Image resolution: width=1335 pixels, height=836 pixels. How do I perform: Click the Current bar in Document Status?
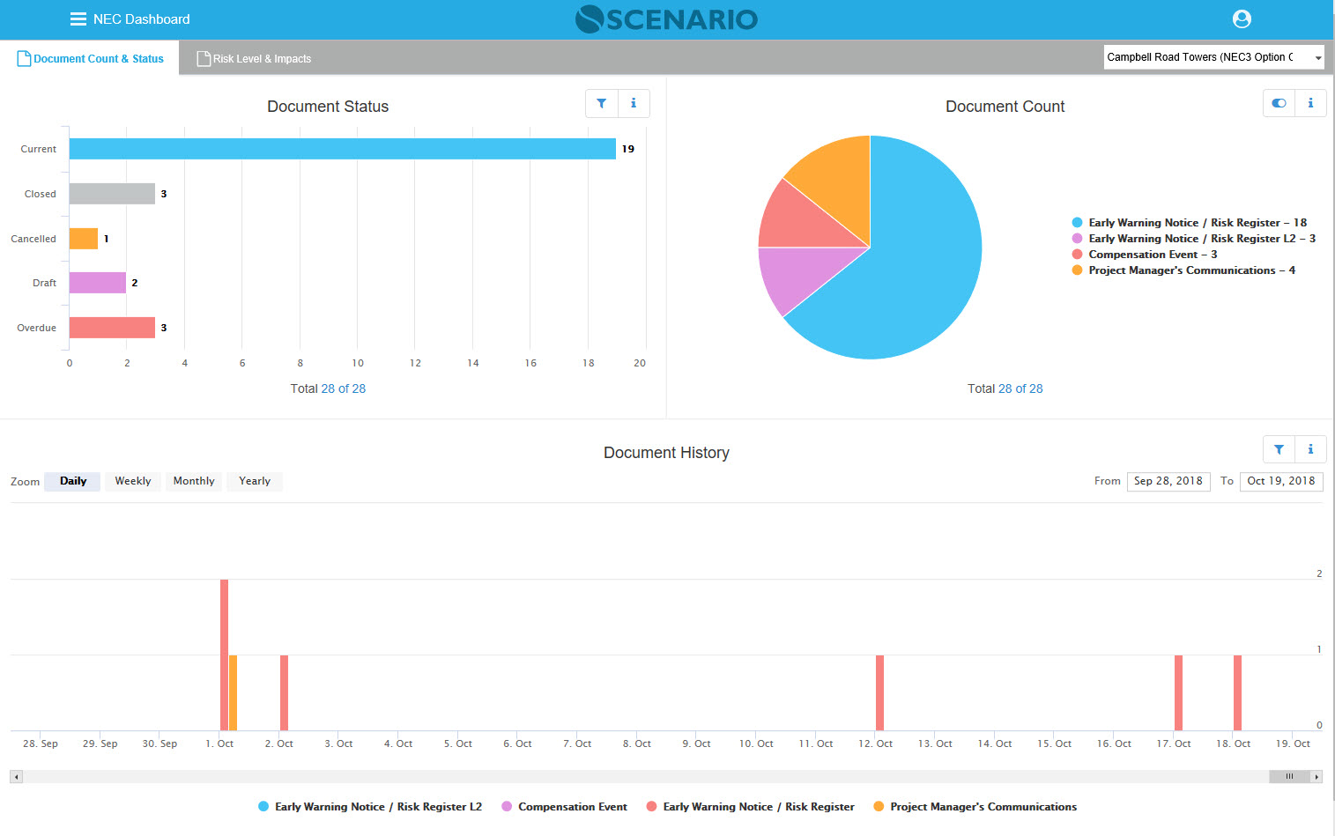342,149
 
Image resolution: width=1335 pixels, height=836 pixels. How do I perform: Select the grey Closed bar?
112,194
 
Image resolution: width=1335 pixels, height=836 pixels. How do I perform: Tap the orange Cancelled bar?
84,239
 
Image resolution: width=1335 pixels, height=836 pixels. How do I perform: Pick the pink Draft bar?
98,283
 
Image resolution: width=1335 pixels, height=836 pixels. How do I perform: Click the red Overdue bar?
112,328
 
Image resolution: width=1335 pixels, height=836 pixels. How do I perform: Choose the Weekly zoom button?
133,481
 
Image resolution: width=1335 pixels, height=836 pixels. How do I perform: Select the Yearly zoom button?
255,481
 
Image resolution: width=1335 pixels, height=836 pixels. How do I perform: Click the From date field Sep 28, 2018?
1168,481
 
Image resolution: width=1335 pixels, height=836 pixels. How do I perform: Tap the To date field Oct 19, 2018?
1280,481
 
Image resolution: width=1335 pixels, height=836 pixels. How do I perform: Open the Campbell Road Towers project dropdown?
1213,57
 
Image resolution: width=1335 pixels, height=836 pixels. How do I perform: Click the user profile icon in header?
1242,18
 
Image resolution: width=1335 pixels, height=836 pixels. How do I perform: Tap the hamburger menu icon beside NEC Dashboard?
78,19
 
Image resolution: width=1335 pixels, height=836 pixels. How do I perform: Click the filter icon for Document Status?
602,103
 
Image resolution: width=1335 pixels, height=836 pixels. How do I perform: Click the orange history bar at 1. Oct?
234,692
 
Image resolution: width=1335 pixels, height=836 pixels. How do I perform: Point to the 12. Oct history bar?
879,692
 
